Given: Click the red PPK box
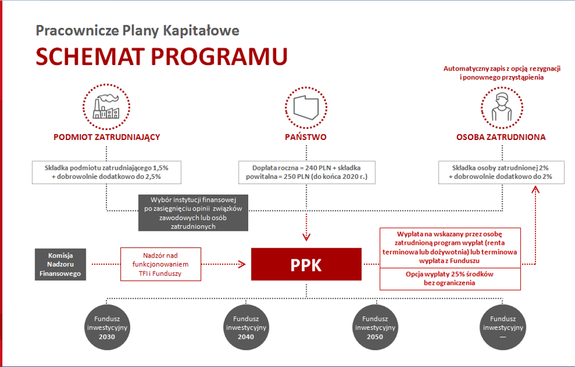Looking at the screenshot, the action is [x=306, y=264].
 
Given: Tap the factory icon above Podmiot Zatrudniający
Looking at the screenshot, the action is [x=106, y=107].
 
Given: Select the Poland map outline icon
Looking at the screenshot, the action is [x=306, y=108].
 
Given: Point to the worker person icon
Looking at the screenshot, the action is [x=501, y=107].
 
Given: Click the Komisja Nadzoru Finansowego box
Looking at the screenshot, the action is [x=60, y=264].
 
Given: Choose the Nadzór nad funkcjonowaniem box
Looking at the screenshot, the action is [x=161, y=264].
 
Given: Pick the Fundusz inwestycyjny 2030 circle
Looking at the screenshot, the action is [x=106, y=327].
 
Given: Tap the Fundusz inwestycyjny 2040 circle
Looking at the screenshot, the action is [x=246, y=327].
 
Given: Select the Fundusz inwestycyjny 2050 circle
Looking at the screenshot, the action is [x=375, y=327].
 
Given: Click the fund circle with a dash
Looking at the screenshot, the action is [x=503, y=327].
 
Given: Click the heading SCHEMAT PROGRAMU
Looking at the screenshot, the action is [x=162, y=57].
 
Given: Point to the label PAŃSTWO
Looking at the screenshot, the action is [x=305, y=137].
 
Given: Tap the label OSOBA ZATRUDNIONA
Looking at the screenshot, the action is [x=501, y=137].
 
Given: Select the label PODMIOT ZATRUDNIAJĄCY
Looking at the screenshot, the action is [x=106, y=137].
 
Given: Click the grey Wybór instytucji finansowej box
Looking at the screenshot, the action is [x=193, y=213].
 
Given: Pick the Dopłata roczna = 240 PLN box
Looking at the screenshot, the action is [x=307, y=172].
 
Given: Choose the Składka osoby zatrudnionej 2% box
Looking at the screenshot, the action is [x=501, y=172].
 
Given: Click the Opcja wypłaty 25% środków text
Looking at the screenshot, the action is [x=450, y=278].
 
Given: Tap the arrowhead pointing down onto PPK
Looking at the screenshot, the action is [x=306, y=237].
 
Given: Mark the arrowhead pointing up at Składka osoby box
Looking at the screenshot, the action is [x=535, y=189].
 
